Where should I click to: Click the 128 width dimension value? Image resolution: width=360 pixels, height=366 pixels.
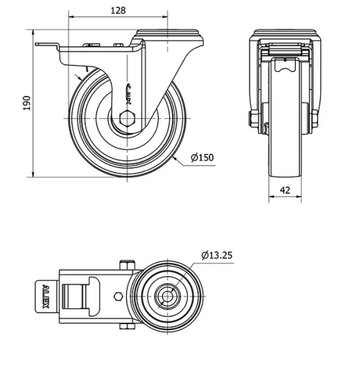point(118,10)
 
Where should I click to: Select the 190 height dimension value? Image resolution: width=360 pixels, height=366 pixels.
point(27,104)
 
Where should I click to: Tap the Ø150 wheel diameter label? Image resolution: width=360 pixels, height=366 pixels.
point(204,158)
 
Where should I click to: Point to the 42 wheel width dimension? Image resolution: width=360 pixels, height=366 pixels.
point(284,190)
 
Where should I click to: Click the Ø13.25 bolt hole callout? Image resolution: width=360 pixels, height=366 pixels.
point(217,254)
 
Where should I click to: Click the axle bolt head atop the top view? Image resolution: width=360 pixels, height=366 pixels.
point(125,264)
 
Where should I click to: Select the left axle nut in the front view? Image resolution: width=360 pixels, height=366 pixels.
point(254,120)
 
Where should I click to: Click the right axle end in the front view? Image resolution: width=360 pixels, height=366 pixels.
point(315,120)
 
